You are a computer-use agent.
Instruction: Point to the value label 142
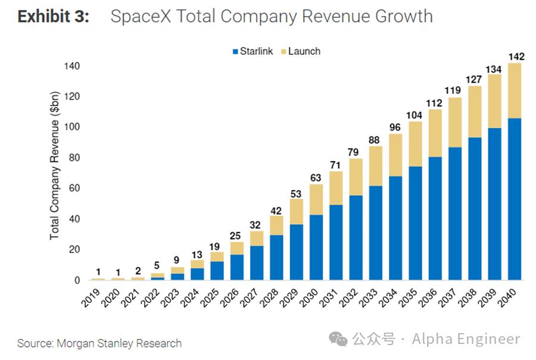(x=515, y=57)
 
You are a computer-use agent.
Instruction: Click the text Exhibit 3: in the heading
(x=54, y=16)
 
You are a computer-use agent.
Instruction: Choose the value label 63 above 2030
(x=316, y=177)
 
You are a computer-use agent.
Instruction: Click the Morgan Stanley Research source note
(x=99, y=343)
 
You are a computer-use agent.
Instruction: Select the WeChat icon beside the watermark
(x=339, y=340)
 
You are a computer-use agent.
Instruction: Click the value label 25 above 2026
(x=237, y=235)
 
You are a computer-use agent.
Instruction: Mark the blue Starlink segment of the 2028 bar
(x=276, y=257)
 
